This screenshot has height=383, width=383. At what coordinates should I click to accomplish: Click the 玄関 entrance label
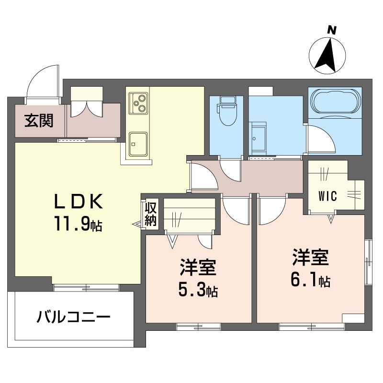tap(39, 121)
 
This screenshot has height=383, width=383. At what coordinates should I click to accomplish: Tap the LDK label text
tap(78, 202)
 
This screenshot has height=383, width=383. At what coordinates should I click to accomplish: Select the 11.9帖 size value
tap(78, 224)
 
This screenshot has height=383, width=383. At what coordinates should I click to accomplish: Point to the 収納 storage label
tap(150, 214)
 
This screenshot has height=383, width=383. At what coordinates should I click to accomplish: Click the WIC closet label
tap(328, 196)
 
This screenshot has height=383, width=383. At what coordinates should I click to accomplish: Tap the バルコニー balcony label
tap(74, 317)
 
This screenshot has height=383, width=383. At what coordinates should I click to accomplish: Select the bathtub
tap(335, 101)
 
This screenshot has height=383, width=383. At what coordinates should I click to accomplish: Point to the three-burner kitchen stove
tap(138, 103)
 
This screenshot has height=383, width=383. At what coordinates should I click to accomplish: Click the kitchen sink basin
tap(138, 144)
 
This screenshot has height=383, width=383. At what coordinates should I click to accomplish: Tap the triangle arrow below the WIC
tap(331, 219)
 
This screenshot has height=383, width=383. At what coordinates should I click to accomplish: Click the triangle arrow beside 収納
tap(137, 224)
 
